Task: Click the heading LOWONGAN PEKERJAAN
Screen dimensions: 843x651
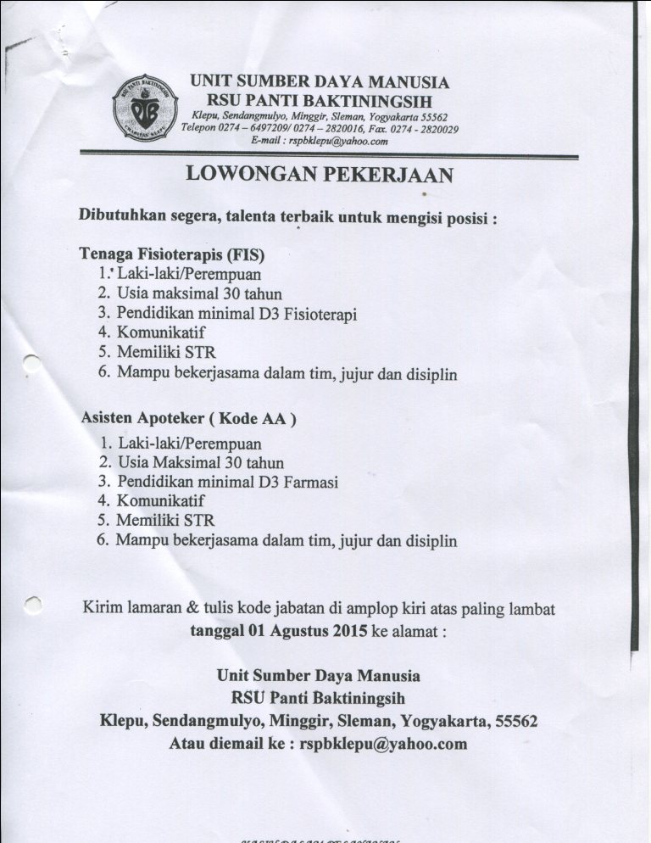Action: pos(320,174)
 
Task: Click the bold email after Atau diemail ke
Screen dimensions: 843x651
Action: pos(384,744)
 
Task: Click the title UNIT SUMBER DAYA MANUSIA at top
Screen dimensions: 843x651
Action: pos(320,82)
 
